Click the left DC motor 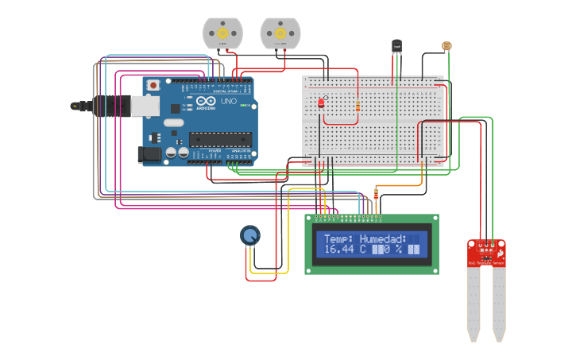pyautogui.click(x=222, y=33)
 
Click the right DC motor pyautogui.click(x=280, y=33)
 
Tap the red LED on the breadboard pyautogui.click(x=321, y=103)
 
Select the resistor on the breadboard pyautogui.click(x=358, y=104)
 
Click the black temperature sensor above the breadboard pyautogui.click(x=397, y=47)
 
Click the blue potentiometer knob pyautogui.click(x=249, y=234)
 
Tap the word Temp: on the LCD pyautogui.click(x=338, y=238)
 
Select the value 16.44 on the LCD pyautogui.click(x=338, y=250)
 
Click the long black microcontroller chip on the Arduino pyautogui.click(x=219, y=139)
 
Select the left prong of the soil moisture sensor pyautogui.click(x=474, y=302)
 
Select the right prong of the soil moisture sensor pyautogui.click(x=499, y=302)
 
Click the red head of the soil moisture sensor pyautogui.click(x=486, y=252)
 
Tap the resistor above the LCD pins pyautogui.click(x=376, y=193)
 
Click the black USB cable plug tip pyautogui.click(x=77, y=105)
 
